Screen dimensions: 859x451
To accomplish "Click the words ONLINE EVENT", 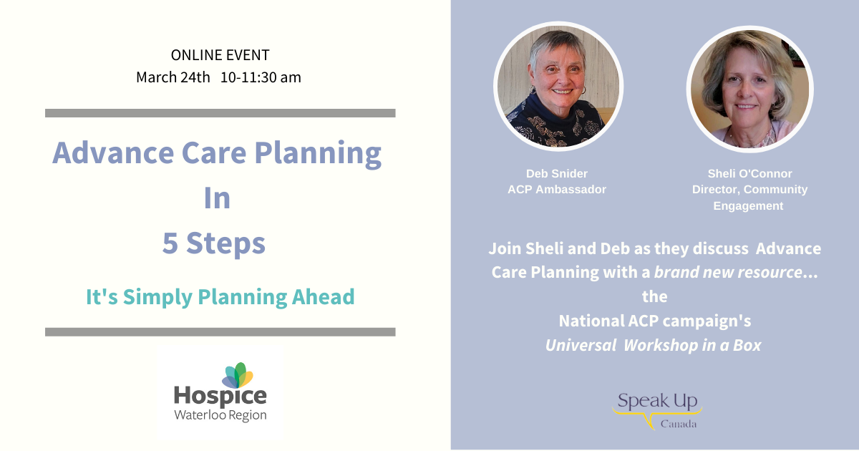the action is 220,55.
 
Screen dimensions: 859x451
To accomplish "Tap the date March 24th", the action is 173,77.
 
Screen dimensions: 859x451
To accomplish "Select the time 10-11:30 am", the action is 261,77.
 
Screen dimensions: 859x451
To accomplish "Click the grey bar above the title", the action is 220,113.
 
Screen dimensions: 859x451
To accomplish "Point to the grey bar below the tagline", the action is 220,332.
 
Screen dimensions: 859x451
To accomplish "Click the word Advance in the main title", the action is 113,152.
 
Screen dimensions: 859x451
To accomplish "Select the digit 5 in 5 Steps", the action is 170,243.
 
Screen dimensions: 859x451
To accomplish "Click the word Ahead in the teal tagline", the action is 323,297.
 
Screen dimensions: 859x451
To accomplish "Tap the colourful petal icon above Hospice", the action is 238,375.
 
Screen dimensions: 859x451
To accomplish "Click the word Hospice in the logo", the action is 220,397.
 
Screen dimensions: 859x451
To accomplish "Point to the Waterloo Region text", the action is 220,415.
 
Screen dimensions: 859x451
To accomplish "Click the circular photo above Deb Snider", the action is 558,87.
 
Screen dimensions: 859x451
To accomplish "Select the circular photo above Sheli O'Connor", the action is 749,89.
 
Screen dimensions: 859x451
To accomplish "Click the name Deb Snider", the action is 557,174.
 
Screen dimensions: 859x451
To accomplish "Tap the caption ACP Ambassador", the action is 557,190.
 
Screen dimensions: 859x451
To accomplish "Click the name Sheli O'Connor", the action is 749,174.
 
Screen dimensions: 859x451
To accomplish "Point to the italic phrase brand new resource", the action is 728,272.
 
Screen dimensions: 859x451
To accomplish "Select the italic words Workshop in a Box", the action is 692,345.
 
